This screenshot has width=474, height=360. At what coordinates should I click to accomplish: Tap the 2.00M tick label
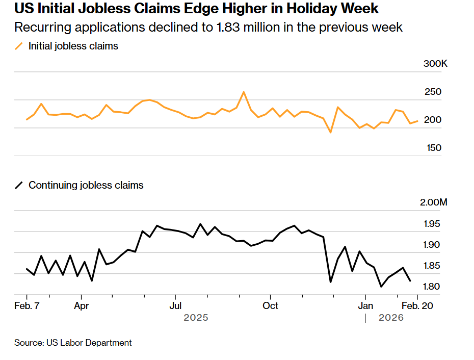pos(434,202)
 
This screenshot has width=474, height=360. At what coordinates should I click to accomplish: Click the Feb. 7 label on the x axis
pos(27,305)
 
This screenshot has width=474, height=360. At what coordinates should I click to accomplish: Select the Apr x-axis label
pos(81,305)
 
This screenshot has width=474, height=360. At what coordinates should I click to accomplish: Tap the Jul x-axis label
pos(175,305)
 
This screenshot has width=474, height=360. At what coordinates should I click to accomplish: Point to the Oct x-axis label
pos(270,305)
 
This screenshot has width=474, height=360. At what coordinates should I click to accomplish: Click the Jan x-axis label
pos(365,305)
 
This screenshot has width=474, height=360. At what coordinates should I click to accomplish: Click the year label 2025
pos(196,318)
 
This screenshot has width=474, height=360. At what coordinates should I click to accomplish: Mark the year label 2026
pos(391,318)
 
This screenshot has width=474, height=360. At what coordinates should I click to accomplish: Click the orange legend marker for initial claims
pos(19,46)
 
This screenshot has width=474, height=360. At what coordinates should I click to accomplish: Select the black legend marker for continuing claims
pos(19,186)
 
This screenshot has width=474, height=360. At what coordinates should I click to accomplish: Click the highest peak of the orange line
pos(244,92)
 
